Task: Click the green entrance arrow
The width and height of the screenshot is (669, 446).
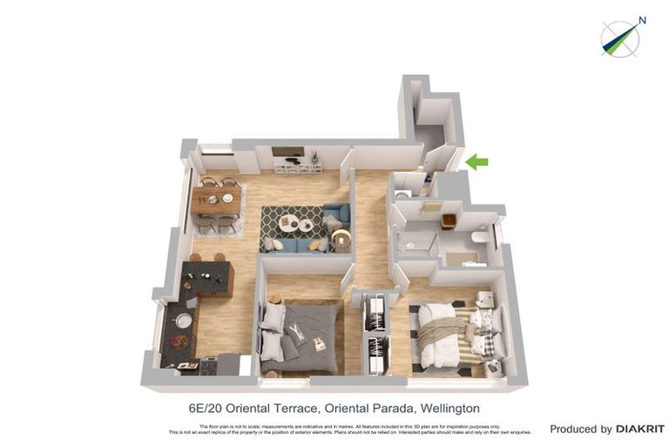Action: [x=476, y=161]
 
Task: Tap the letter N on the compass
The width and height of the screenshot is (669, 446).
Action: [x=642, y=20]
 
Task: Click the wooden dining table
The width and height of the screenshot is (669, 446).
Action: [x=217, y=200]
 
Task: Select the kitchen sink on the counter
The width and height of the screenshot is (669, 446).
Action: [x=183, y=320]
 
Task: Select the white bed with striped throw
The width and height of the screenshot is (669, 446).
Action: [x=444, y=335]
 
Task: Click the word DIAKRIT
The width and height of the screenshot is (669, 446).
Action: [x=640, y=429]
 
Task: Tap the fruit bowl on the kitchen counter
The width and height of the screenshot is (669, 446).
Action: [x=179, y=342]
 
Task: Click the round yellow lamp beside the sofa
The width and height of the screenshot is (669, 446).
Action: [x=341, y=237]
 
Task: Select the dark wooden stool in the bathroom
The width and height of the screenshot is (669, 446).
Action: [x=449, y=220]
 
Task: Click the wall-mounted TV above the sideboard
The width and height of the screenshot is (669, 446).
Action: [x=287, y=151]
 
